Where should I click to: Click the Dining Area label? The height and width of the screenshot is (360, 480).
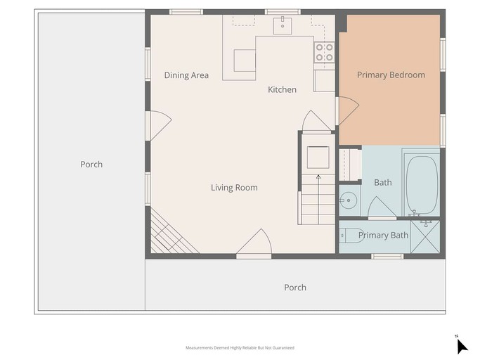coord(186,75)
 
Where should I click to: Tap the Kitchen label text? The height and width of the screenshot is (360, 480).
coord(283,90)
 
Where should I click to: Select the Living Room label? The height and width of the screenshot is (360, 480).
coord(234,188)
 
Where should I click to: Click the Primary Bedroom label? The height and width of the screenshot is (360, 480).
coord(391,75)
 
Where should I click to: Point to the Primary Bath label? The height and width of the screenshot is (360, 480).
coord(383,236)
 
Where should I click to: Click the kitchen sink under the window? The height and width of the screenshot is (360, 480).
coord(283,25)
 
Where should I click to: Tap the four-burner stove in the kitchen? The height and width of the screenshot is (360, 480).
coord(324,53)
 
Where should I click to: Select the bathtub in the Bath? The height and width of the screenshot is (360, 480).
coord(421,185)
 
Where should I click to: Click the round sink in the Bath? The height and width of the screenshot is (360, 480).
coord(349,200)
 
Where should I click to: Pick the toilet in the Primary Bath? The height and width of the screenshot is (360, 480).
coord(351,236)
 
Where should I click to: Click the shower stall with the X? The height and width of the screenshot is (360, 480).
coord(425,236)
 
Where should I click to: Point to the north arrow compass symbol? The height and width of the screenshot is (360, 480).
coord(462,346)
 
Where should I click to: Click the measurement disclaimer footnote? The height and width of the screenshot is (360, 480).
coord(240,348)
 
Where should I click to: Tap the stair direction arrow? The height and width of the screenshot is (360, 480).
coord(318,199)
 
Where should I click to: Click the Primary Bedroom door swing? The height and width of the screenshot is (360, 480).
coord(348,111)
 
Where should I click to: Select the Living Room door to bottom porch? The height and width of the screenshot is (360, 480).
coord(254,243)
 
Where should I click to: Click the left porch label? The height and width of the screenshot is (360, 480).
coord(91,165)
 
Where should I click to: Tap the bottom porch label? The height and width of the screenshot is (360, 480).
coord(295,288)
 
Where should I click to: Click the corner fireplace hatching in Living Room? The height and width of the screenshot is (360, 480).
coord(171,233)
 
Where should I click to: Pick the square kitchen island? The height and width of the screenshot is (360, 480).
coord(245,60)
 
